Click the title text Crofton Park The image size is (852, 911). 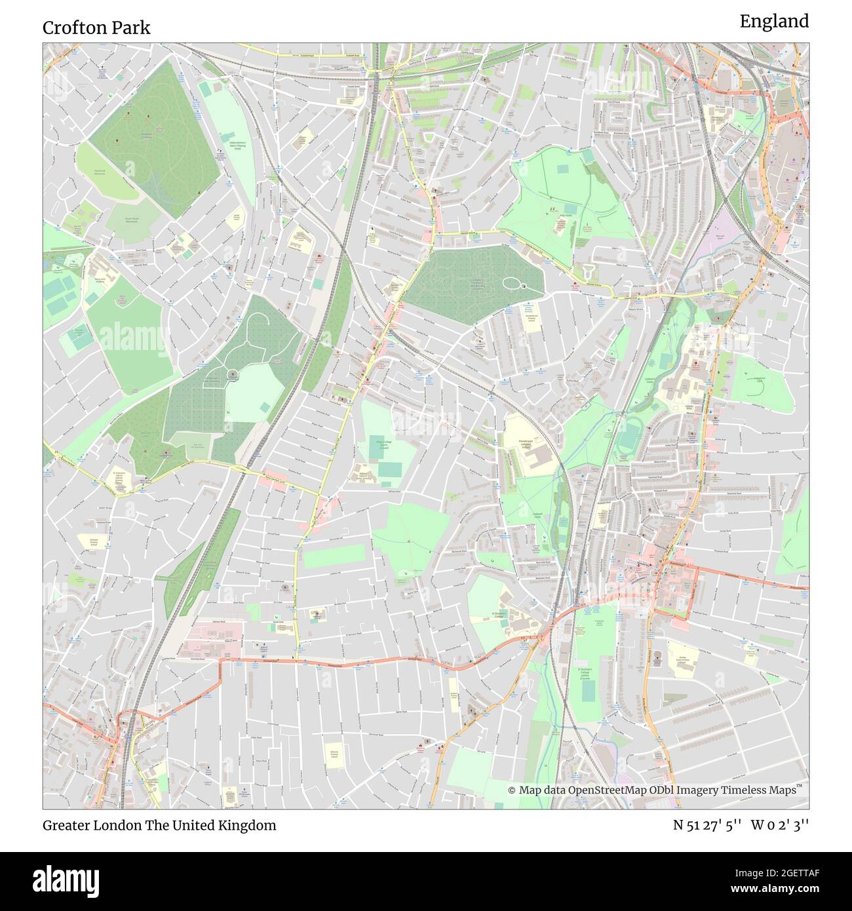click(96, 28)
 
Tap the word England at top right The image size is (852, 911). click(774, 22)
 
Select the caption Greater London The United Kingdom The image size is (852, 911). click(159, 825)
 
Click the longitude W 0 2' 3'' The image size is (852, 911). click(780, 825)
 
